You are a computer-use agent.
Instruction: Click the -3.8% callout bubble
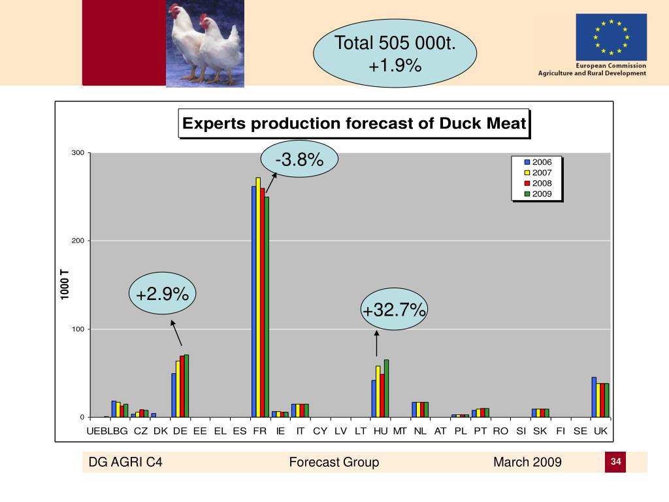(299, 159)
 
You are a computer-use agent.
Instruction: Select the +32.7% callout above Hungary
(395, 310)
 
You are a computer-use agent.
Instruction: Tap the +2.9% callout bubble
(162, 295)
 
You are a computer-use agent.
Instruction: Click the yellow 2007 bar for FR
(258, 297)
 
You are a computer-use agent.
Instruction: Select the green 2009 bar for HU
(386, 388)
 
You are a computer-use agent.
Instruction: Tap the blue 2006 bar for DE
(174, 395)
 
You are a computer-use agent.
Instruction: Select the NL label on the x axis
(420, 431)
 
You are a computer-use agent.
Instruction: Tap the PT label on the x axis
(480, 431)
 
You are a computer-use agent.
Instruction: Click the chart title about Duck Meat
(353, 124)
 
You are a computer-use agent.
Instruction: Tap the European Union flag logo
(611, 37)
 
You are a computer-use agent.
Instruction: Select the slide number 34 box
(615, 462)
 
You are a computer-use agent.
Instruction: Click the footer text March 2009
(527, 463)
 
